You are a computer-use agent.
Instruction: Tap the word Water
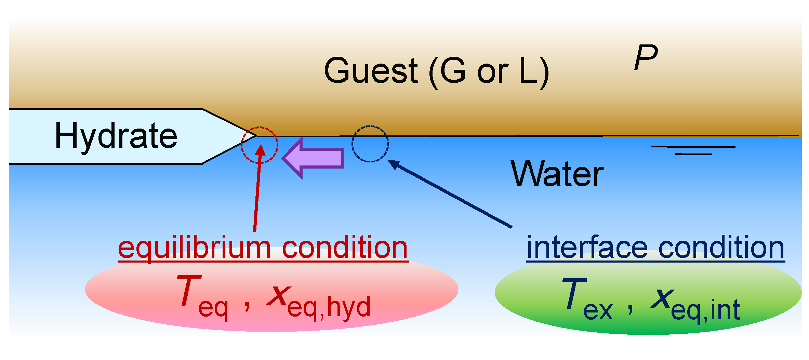pyautogui.click(x=557, y=174)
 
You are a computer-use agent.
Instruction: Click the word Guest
pyautogui.click(x=371, y=71)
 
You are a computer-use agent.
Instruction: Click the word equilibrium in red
pyautogui.click(x=194, y=248)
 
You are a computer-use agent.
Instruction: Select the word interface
pyautogui.click(x=587, y=248)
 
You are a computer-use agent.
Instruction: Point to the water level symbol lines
pyautogui.click(x=693, y=150)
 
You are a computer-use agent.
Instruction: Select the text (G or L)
pyautogui.click(x=489, y=71)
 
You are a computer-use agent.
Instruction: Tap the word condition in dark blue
pyautogui.click(x=721, y=248)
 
